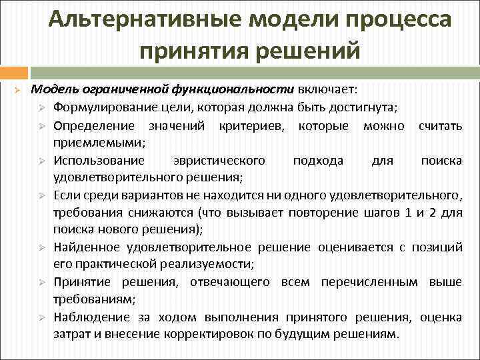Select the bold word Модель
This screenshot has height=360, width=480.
(55, 89)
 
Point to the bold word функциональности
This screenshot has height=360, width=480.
(233, 89)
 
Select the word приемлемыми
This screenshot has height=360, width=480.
(99, 142)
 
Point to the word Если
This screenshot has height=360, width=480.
(66, 195)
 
